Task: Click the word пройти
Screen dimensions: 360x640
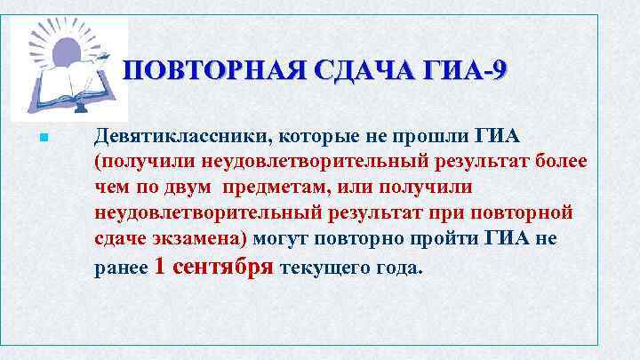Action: click(442, 239)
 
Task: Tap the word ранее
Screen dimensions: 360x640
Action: click(120, 268)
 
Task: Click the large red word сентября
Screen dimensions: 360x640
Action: click(223, 266)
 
